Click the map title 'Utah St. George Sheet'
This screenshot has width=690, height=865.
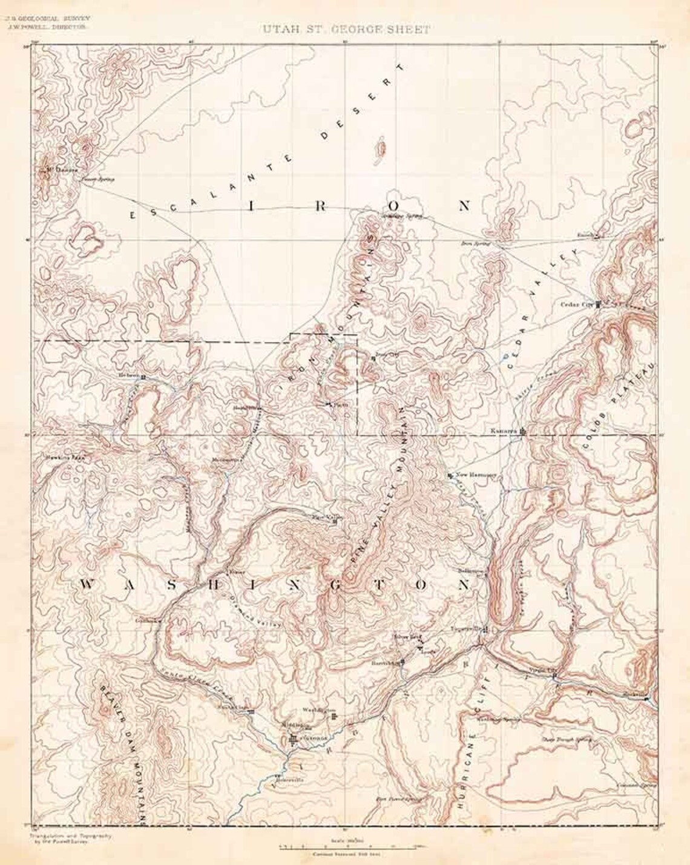[x=346, y=30]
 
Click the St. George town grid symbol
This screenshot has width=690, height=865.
[x=295, y=740]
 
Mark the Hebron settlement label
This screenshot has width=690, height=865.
[x=129, y=375]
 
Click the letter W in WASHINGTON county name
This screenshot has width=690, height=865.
[x=87, y=584]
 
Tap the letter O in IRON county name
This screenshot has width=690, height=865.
[x=392, y=206]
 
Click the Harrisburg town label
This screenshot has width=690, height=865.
[x=384, y=663]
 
